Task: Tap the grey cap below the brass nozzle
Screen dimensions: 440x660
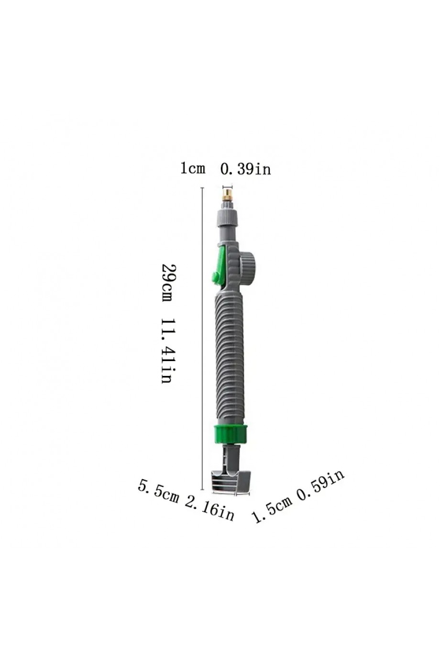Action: point(227,218)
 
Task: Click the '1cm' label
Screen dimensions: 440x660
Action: point(192,168)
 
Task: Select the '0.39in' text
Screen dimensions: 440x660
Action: point(245,169)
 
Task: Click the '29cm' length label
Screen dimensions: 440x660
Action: point(167,283)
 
